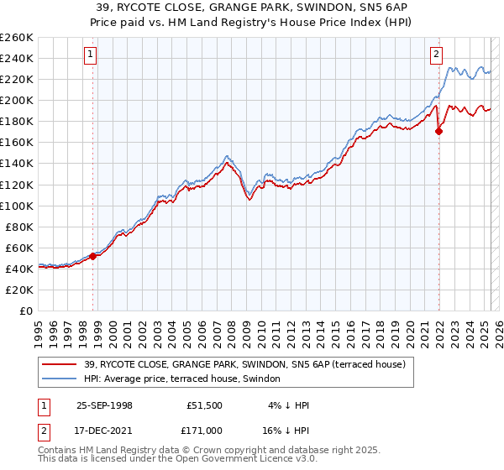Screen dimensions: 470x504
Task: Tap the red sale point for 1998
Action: [93, 256]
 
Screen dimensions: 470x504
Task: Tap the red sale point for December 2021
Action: [438, 131]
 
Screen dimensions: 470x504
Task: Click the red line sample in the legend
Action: [60, 364]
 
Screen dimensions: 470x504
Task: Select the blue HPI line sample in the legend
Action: [60, 379]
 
